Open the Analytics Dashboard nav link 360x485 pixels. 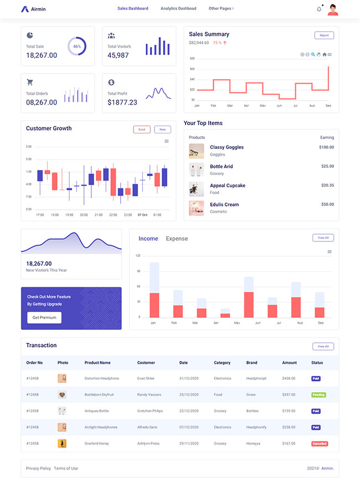pyautogui.click(x=178, y=9)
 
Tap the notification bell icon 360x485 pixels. pyautogui.click(x=319, y=9)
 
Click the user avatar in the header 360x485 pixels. pyautogui.click(x=333, y=9)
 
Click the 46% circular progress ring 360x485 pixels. pyautogui.click(x=76, y=47)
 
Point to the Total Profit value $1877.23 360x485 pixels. pyautogui.click(x=122, y=102)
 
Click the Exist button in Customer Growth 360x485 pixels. pyautogui.click(x=142, y=130)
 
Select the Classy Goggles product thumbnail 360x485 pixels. pyautogui.click(x=197, y=151)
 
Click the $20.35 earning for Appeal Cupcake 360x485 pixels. pyautogui.click(x=327, y=185)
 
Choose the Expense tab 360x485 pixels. pyautogui.click(x=177, y=239)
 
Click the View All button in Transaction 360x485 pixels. pyautogui.click(x=323, y=347)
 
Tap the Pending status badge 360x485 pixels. pyautogui.click(x=318, y=395)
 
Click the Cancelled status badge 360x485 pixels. pyautogui.click(x=320, y=443)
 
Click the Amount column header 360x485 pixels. pyautogui.click(x=289, y=363)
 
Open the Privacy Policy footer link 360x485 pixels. pyautogui.click(x=38, y=468)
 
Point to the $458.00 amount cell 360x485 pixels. pyautogui.click(x=289, y=378)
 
